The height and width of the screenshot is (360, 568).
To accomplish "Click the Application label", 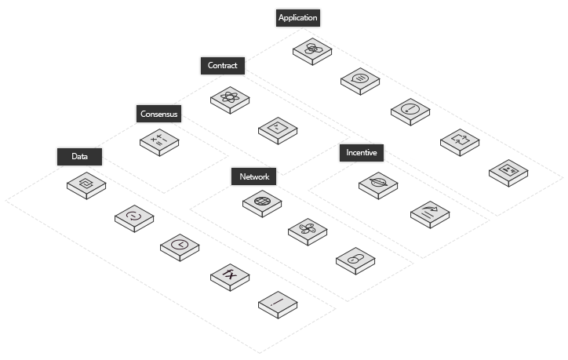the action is point(298,18).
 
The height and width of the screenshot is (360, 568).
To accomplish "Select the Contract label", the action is point(223,66).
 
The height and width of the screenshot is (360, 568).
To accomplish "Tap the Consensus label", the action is point(158,114).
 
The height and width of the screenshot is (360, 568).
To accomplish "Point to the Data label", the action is point(79,156).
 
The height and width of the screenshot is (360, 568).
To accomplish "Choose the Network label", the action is point(253,176).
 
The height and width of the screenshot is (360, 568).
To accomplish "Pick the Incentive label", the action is point(361,152).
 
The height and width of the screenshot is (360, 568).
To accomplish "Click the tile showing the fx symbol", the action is point(230,277).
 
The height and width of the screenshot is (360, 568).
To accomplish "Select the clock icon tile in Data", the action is point(180,247).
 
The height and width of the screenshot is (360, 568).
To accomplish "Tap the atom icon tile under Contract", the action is point(230,100).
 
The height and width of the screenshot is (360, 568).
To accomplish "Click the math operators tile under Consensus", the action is point(159,142).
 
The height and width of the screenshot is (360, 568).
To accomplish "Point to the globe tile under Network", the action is point(262,204).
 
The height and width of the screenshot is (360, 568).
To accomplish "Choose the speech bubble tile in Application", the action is point(360,82).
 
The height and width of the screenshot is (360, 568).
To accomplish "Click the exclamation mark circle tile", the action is point(410,112).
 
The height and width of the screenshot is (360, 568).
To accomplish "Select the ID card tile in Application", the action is point(508,173).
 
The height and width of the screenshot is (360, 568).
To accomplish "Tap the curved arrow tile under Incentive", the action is point(430,215).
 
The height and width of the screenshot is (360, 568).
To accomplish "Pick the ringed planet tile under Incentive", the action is point(378,185).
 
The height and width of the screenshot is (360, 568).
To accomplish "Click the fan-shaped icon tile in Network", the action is point(308,232).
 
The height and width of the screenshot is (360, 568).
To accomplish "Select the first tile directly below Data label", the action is point(86,185).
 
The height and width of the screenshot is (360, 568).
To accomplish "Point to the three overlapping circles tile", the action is point(312,52).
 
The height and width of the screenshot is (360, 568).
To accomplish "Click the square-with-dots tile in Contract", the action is point(278,130).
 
